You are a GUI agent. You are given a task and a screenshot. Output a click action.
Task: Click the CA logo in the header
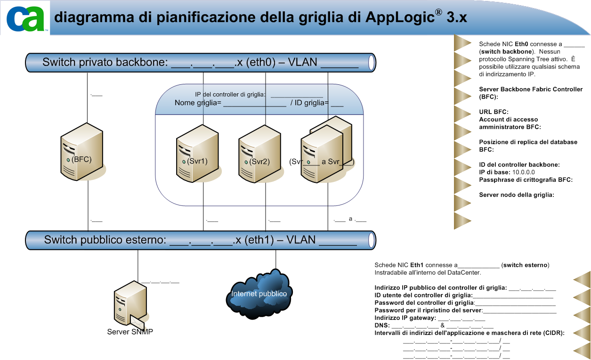(x=26, y=18)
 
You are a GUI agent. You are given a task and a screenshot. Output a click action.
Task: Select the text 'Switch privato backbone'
(x=105, y=62)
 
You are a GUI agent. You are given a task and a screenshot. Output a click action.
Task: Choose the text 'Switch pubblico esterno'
(x=105, y=240)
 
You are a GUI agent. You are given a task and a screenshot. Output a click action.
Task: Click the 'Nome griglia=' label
(x=198, y=103)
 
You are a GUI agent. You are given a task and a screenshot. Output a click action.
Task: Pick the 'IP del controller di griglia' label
(x=230, y=95)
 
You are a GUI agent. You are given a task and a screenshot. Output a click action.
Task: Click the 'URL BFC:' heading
(x=494, y=112)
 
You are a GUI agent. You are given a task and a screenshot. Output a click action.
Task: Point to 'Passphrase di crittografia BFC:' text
(x=526, y=180)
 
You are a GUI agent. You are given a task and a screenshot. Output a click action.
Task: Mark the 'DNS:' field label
(x=382, y=326)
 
